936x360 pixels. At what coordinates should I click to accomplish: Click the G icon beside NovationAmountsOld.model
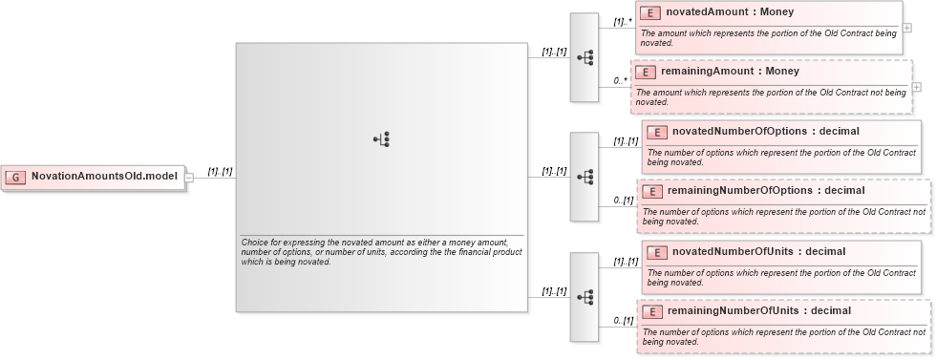16,177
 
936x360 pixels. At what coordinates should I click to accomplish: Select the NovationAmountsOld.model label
104,177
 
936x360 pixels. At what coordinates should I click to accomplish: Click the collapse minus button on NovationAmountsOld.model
189,177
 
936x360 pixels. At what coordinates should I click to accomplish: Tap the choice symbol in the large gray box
381,139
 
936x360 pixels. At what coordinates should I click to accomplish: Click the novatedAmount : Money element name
730,12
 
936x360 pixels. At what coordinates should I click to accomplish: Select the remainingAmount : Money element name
730,72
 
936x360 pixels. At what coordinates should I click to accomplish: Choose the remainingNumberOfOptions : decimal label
766,191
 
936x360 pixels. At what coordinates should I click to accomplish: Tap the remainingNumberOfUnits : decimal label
758,311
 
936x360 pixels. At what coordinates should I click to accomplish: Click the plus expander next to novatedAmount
906,29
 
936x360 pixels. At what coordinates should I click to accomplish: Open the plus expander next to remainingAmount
917,86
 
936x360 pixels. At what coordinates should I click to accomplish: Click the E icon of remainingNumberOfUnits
650,312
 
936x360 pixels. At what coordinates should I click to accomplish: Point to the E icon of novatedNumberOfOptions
656,133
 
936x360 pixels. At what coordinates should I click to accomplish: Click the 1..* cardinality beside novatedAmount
623,21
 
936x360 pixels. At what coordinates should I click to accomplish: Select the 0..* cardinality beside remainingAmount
621,80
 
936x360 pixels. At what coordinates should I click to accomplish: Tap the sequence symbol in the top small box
585,57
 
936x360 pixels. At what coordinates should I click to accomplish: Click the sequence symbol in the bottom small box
585,297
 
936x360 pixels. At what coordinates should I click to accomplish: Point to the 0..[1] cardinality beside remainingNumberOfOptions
624,201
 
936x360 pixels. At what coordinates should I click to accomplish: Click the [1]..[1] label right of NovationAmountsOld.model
221,172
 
